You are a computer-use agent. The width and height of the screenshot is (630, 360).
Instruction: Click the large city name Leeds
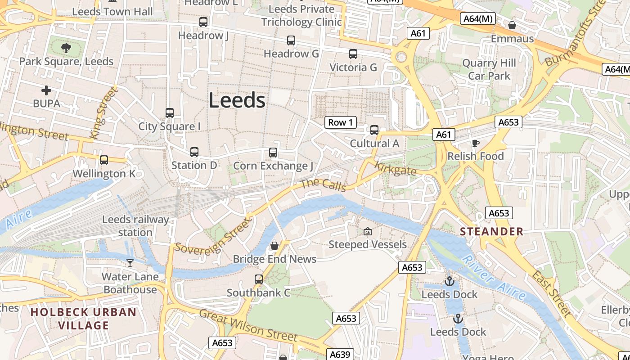(x=237, y=100)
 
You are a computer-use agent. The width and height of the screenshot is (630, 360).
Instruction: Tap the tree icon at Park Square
(x=66, y=48)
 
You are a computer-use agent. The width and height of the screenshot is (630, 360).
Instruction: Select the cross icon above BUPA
(x=46, y=90)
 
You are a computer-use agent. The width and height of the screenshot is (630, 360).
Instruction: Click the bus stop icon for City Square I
(x=170, y=113)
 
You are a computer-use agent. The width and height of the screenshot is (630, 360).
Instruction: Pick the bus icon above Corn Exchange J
(x=273, y=153)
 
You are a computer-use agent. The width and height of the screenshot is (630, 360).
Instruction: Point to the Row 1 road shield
(x=341, y=122)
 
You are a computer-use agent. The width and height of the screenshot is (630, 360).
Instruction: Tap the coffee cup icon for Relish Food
(x=475, y=143)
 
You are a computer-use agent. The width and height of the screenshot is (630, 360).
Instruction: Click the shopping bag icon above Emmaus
(x=512, y=25)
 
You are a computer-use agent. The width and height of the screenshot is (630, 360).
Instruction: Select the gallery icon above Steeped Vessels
(x=368, y=231)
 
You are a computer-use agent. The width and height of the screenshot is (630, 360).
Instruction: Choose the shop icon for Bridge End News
(x=274, y=246)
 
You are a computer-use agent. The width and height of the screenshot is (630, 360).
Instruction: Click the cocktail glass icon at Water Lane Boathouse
(x=130, y=263)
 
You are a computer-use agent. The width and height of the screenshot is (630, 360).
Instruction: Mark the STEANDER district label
(x=491, y=232)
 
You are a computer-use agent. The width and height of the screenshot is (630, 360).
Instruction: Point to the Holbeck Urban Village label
(x=83, y=319)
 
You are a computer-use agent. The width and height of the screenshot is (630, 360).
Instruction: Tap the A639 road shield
(x=340, y=354)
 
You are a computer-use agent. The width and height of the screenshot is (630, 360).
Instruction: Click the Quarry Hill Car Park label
(x=489, y=70)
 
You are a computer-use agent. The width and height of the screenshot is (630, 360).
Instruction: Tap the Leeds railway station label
(x=135, y=226)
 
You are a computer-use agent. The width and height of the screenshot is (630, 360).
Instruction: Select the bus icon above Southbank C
(x=258, y=279)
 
